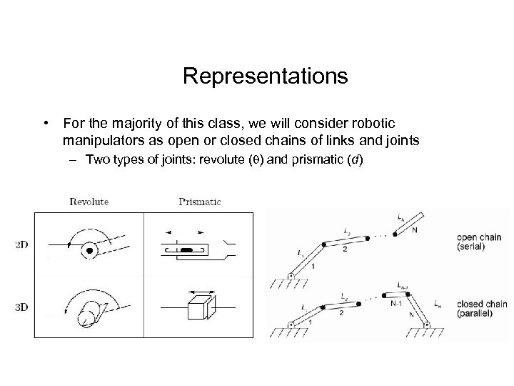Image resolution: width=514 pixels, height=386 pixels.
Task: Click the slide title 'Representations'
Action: [265, 76]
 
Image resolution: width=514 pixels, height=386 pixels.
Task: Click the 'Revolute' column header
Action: [89, 202]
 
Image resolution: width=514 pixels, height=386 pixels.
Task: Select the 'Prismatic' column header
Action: [199, 202]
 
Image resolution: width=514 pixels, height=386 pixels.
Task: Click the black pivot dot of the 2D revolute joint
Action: [90, 251]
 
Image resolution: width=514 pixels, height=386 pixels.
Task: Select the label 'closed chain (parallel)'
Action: [482, 309]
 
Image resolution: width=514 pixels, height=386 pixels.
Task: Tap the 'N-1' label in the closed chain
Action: [398, 303]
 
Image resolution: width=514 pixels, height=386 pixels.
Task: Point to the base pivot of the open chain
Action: [291, 275]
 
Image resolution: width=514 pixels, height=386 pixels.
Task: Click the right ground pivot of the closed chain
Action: [427, 325]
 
